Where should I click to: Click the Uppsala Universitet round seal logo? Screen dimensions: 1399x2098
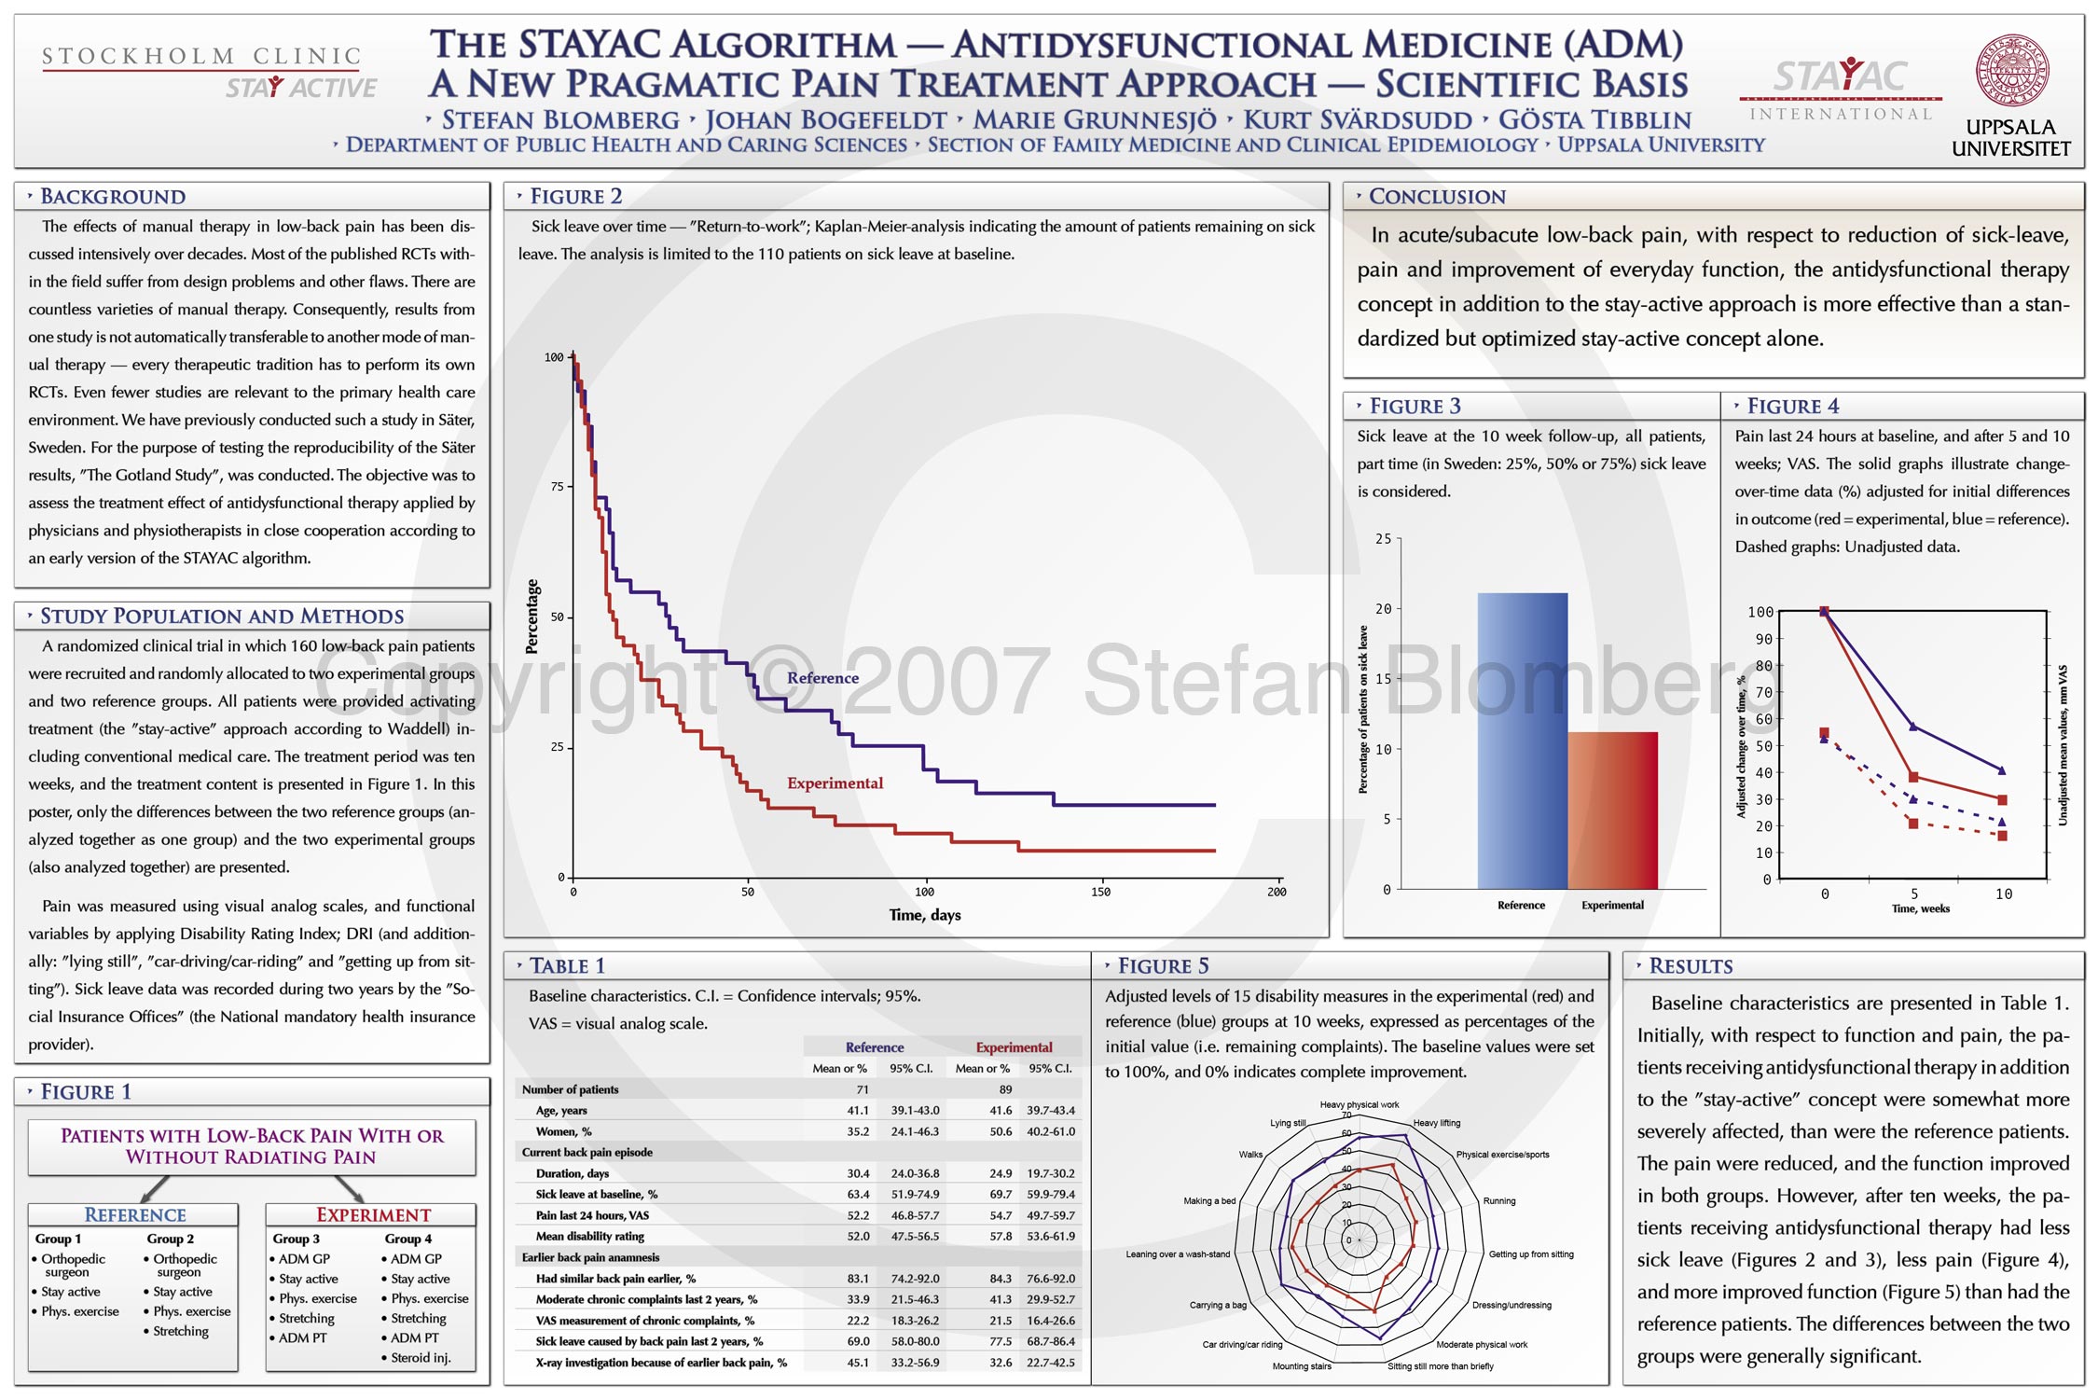2011,71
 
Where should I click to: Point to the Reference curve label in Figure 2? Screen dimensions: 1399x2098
822,678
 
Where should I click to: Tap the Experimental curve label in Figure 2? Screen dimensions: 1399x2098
835,783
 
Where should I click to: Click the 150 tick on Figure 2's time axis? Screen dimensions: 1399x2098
1100,892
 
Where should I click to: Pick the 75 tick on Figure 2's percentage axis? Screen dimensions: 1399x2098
558,487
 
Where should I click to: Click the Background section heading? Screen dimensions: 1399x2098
113,197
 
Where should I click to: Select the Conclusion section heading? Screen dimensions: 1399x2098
1437,197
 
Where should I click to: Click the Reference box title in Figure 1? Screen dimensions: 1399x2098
135,1214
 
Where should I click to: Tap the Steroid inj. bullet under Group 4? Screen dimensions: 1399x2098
421,1357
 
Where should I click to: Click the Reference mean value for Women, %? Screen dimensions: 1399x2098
858,1131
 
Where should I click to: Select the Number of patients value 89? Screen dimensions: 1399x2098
1005,1089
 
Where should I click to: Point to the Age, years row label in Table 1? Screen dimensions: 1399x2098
561,1110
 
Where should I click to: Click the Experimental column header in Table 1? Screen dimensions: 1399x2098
1014,1047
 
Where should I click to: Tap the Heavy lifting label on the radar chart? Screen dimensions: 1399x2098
1437,1123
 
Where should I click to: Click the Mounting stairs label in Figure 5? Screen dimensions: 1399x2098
1302,1366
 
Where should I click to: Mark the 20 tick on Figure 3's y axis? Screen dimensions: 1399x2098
1384,609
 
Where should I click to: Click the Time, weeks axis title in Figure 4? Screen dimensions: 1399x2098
1920,908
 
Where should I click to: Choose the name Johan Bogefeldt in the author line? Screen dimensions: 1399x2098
825,120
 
